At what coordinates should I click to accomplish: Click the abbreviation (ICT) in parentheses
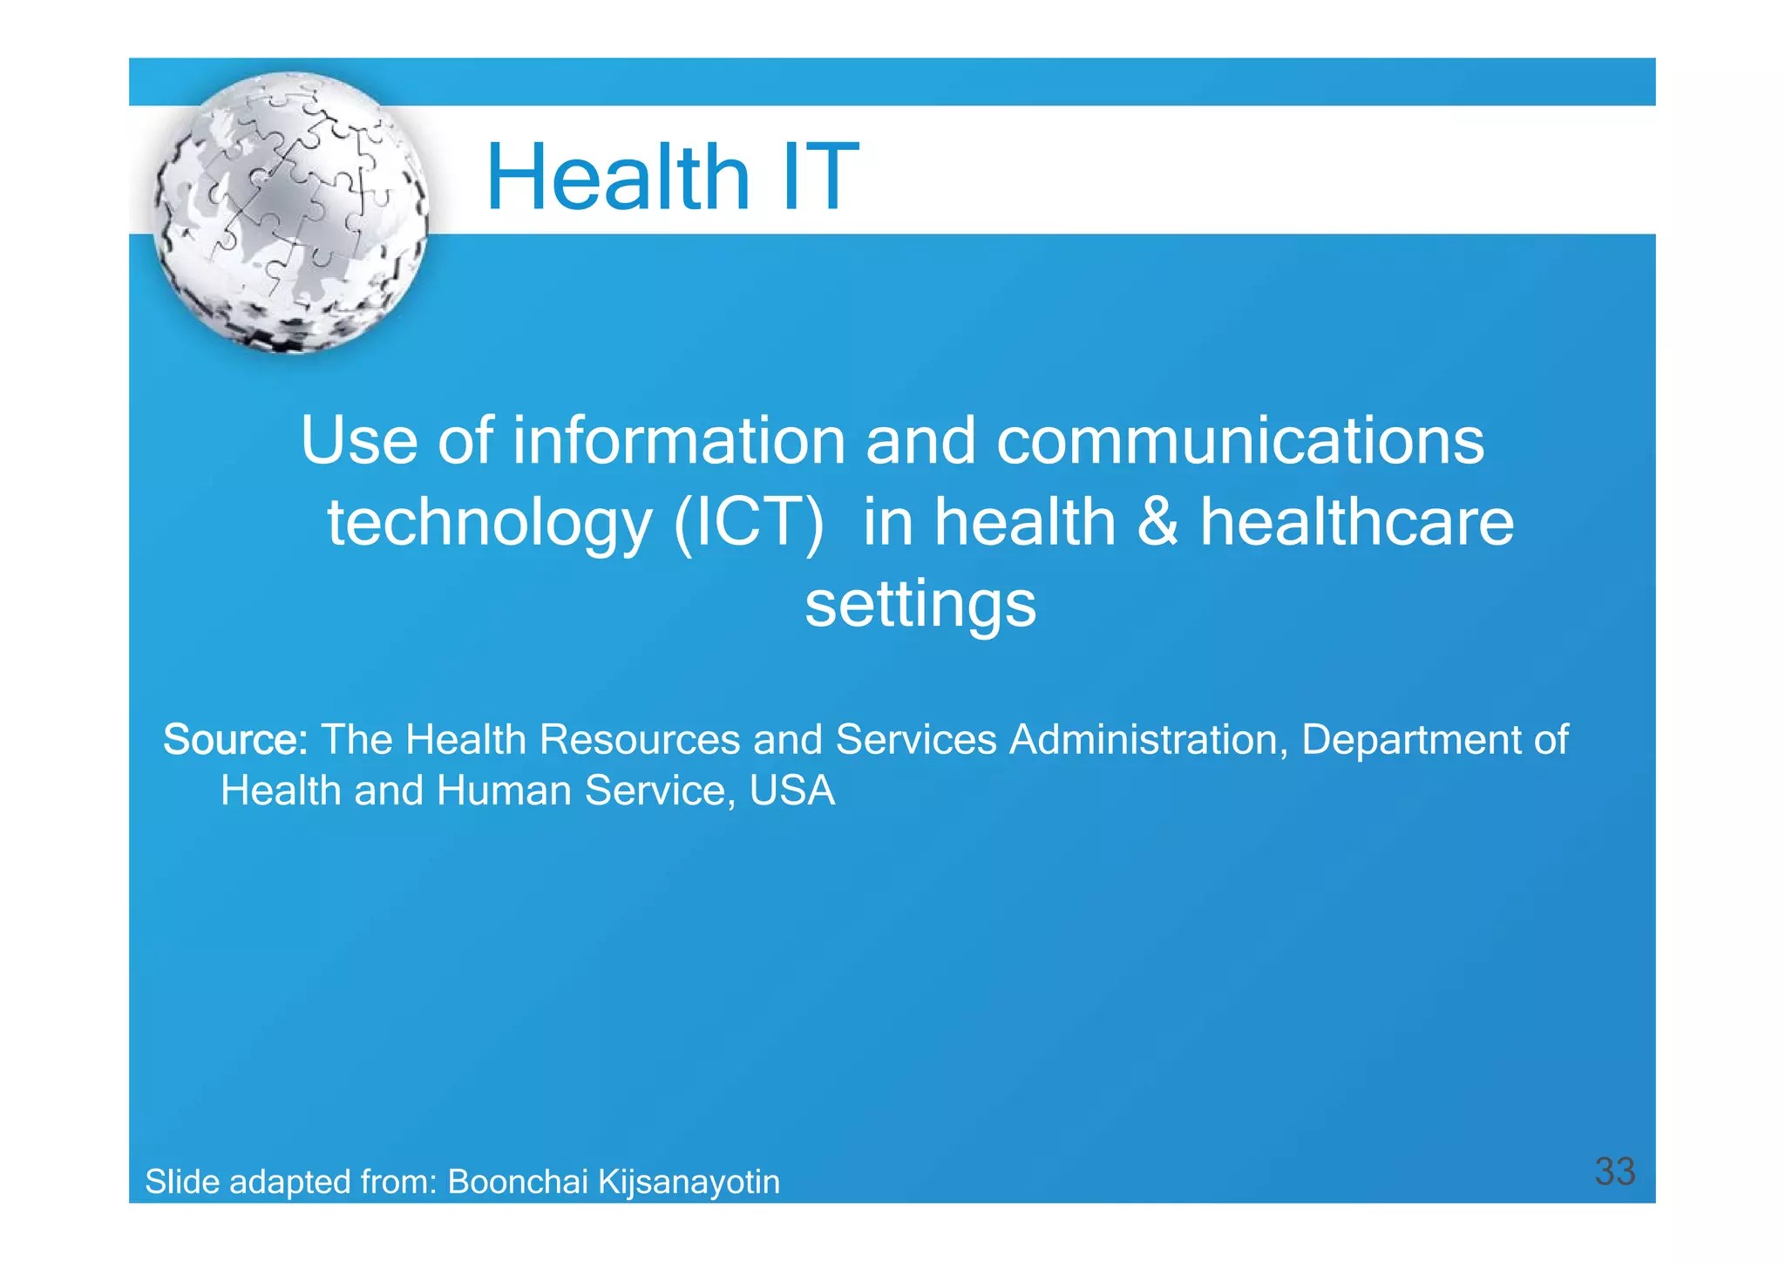(x=749, y=523)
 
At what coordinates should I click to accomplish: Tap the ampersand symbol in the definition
(x=1157, y=523)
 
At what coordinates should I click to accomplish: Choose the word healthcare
(x=1357, y=523)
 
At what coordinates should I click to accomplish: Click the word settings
(x=920, y=606)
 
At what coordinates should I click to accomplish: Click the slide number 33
(x=1614, y=1171)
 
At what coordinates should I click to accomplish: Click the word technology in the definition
(x=489, y=523)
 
